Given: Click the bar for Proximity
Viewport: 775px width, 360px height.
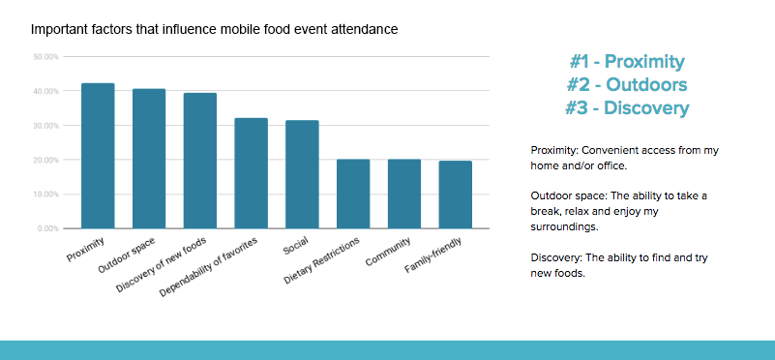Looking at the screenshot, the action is (98, 156).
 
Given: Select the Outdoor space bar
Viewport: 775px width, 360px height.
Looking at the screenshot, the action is (149, 159).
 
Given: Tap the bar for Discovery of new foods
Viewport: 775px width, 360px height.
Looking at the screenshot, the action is (200, 161).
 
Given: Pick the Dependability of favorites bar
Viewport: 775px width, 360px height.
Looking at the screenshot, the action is (252, 173).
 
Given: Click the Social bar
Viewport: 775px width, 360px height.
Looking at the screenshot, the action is (302, 174).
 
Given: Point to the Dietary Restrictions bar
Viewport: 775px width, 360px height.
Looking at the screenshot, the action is (353, 194).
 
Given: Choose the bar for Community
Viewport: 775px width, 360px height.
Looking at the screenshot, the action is (404, 194).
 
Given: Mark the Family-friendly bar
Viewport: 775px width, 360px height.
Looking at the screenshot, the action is (455, 195).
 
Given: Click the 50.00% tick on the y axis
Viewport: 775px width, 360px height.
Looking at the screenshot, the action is (46, 57).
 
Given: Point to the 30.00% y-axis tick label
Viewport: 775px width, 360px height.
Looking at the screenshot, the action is (46, 126).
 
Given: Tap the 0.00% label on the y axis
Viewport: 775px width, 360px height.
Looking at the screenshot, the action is (47, 229).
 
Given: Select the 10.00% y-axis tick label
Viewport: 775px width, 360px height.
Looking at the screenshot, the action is (46, 195).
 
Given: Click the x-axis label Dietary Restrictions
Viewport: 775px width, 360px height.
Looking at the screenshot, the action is (322, 260).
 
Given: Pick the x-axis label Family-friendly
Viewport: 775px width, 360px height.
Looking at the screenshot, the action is (433, 255).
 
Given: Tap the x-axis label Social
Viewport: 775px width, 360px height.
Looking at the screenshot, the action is (295, 246).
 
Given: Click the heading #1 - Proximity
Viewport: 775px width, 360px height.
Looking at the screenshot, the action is (627, 62).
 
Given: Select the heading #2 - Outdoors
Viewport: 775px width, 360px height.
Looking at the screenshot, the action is (627, 85).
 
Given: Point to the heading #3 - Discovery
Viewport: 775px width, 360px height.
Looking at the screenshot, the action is (627, 107).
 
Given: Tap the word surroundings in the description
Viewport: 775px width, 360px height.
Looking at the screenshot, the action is (564, 227).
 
